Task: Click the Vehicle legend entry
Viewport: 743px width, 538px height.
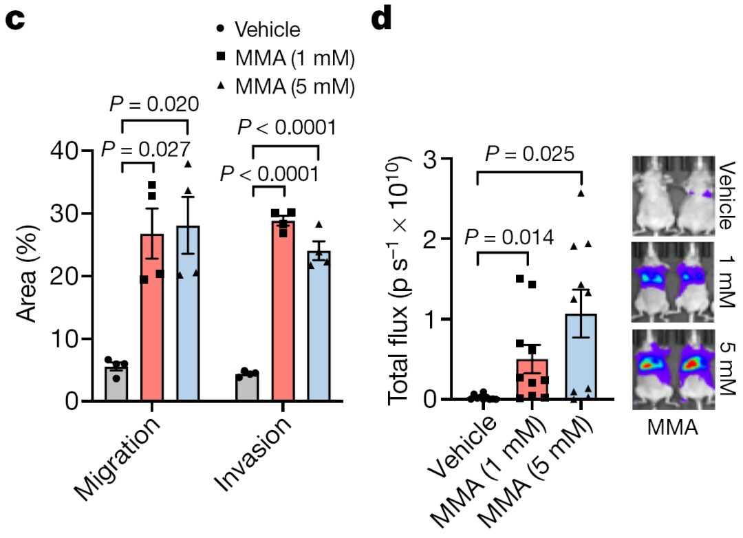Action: coord(257,30)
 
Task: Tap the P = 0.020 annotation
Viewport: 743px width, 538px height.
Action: coord(155,105)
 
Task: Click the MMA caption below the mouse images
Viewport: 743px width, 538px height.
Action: coord(672,429)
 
